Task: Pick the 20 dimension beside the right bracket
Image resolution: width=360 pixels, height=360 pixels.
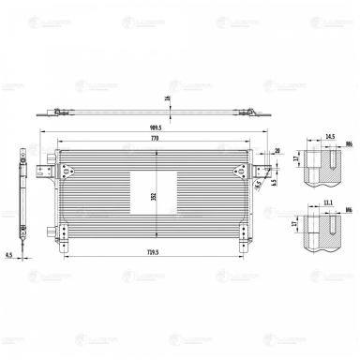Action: pyautogui.click(x=278, y=150)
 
